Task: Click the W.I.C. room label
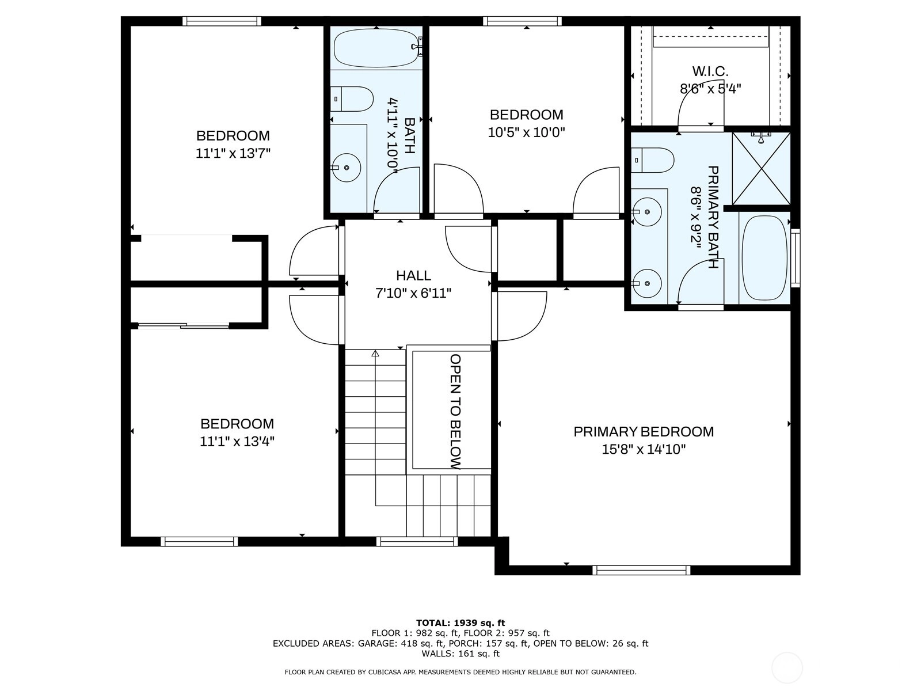(x=710, y=71)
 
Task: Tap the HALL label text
(x=413, y=276)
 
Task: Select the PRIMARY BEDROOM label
(x=644, y=432)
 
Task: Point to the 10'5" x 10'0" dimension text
(x=526, y=132)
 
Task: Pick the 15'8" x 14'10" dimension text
(x=644, y=450)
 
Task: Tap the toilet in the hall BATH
(x=352, y=99)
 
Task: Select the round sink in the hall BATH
(x=346, y=168)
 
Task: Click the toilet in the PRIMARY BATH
(x=652, y=160)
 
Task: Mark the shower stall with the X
(x=761, y=169)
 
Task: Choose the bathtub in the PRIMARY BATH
(x=764, y=258)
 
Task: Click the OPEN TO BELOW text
(x=456, y=412)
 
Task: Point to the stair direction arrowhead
(x=375, y=354)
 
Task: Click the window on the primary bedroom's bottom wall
(x=641, y=570)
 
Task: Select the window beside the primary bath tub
(x=796, y=258)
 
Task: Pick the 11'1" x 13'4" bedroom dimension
(x=237, y=441)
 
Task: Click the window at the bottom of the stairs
(x=417, y=542)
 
